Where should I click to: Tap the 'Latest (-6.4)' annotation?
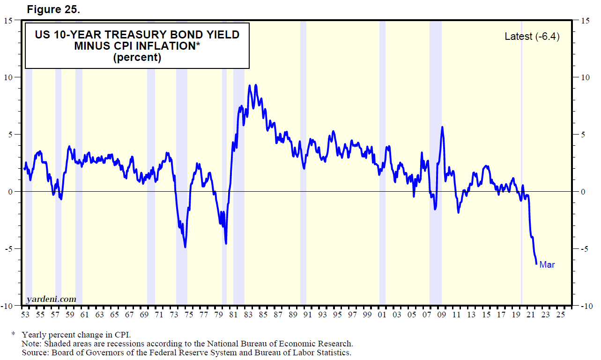pos(532,37)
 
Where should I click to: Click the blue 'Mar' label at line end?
pos(547,265)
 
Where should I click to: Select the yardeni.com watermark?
pos(51,299)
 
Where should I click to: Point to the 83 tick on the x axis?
pos(248,315)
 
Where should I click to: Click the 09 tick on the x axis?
pos(441,315)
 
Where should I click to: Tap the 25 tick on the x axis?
pos(560,315)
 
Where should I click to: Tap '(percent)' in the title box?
pos(137,58)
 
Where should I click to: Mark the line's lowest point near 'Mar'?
pos(536,264)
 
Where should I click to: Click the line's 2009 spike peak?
pos(442,127)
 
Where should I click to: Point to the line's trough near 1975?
pos(185,247)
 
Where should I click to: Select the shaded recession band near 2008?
pos(436,164)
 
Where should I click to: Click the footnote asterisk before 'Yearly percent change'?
pos(14,335)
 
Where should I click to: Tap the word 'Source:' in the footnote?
pos(36,352)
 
